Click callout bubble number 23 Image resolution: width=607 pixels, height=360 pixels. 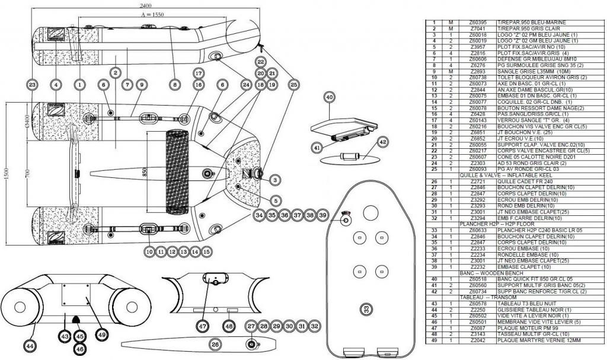[32, 85]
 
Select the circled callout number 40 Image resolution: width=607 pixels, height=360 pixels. [330, 97]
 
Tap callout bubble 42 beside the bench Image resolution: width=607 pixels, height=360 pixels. [382, 142]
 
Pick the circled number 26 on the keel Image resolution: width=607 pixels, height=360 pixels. [215, 343]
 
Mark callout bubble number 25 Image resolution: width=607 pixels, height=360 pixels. [293, 85]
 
